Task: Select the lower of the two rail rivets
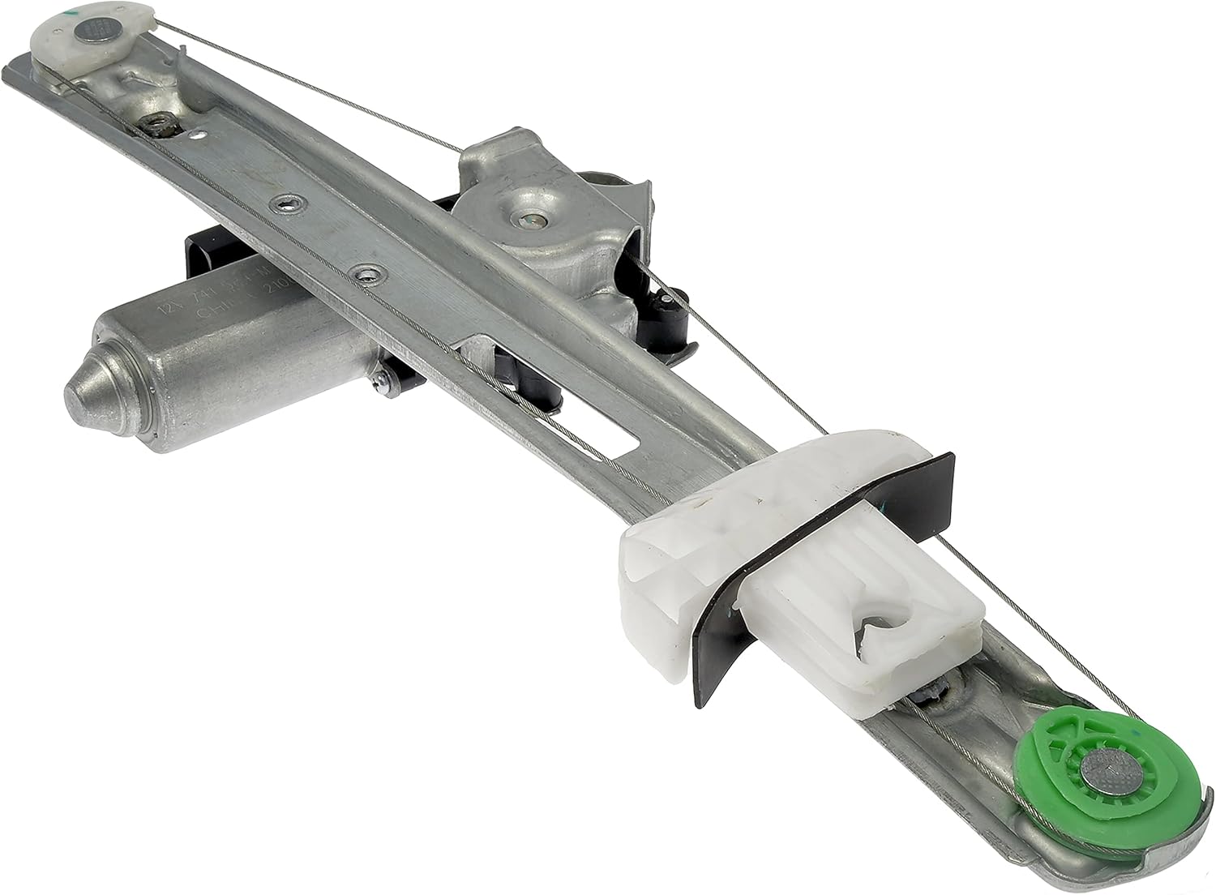pyautogui.click(x=368, y=272)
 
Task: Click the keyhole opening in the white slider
pyautogui.click(x=880, y=620)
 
